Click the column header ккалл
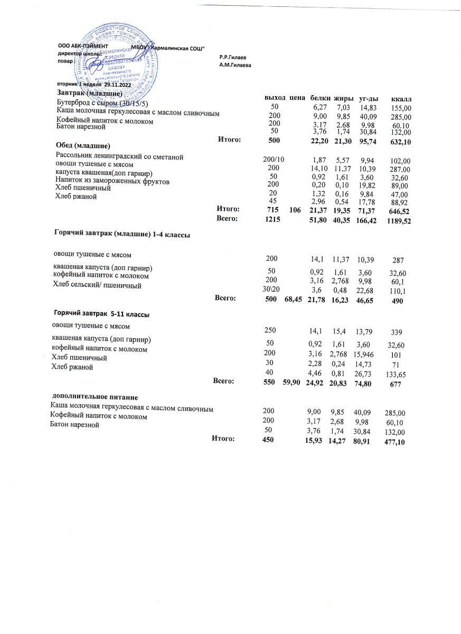(x=401, y=99)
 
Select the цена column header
(x=298, y=98)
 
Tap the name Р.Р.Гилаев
(x=233, y=57)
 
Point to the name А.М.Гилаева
(x=235, y=64)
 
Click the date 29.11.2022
(x=117, y=85)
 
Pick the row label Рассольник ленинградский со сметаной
(x=119, y=156)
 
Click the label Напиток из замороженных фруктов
(x=112, y=182)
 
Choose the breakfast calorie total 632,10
(x=399, y=143)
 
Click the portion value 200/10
(x=274, y=160)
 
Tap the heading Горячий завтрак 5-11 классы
(x=101, y=315)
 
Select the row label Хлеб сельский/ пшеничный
(x=98, y=286)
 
